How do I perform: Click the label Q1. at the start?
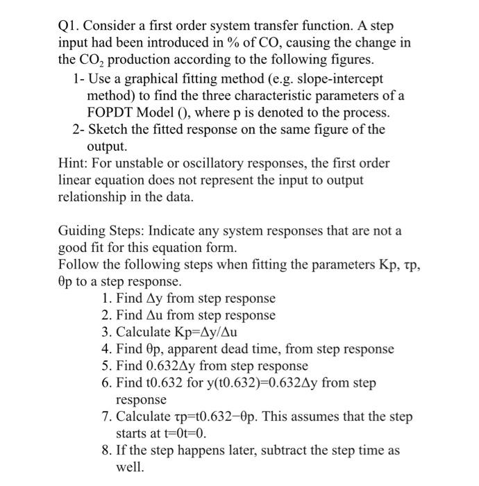click(x=70, y=26)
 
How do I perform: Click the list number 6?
click(x=106, y=383)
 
